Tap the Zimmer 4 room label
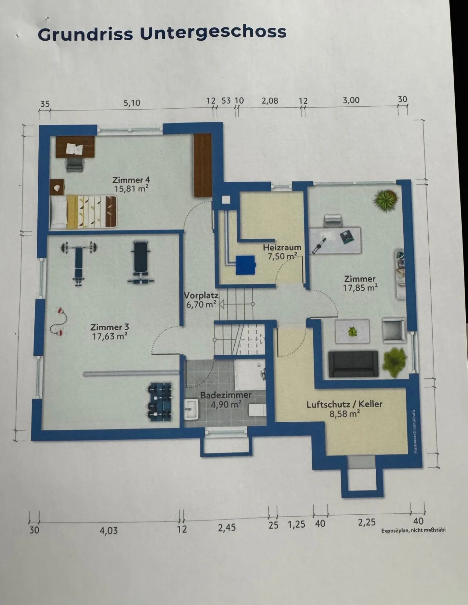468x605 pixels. click(x=131, y=180)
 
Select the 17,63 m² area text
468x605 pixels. click(x=110, y=336)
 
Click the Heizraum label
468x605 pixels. click(x=282, y=247)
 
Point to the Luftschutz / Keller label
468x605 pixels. click(x=344, y=404)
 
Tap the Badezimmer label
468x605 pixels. click(x=226, y=395)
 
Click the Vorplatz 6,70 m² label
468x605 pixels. click(x=201, y=300)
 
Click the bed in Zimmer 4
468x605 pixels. click(x=83, y=211)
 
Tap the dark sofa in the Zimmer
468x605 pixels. click(x=353, y=364)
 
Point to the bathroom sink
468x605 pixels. click(x=191, y=409)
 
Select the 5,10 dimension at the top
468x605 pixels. click(x=132, y=103)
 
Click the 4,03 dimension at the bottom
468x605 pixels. click(x=109, y=531)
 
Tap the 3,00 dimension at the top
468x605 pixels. click(x=351, y=100)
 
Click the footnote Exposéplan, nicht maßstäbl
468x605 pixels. click(x=413, y=530)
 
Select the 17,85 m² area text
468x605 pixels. click(x=360, y=288)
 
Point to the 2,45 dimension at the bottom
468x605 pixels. click(x=227, y=528)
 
